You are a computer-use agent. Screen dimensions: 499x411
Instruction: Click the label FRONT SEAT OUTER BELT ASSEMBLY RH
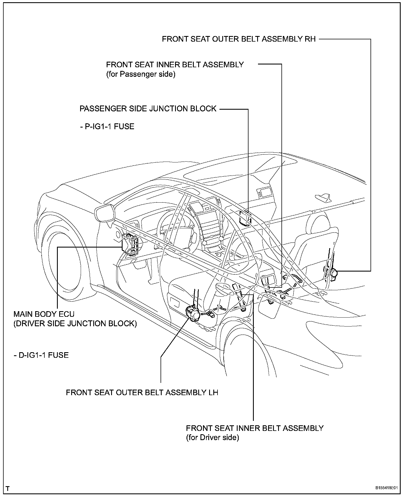239,39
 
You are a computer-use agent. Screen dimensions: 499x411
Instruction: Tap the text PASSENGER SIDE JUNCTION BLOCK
148,109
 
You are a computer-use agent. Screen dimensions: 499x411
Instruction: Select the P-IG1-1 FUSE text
107,127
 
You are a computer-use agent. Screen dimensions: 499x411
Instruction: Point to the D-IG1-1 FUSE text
41,355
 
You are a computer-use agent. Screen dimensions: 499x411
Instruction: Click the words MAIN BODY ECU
44,314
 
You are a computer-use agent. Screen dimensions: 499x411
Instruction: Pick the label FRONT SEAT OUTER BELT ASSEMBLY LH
142,393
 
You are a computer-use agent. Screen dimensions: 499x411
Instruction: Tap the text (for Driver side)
212,438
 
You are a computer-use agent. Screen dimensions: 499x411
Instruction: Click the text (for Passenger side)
141,75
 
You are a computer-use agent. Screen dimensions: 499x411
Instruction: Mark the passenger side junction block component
245,218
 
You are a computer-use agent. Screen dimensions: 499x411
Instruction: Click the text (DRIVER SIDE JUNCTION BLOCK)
75,324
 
